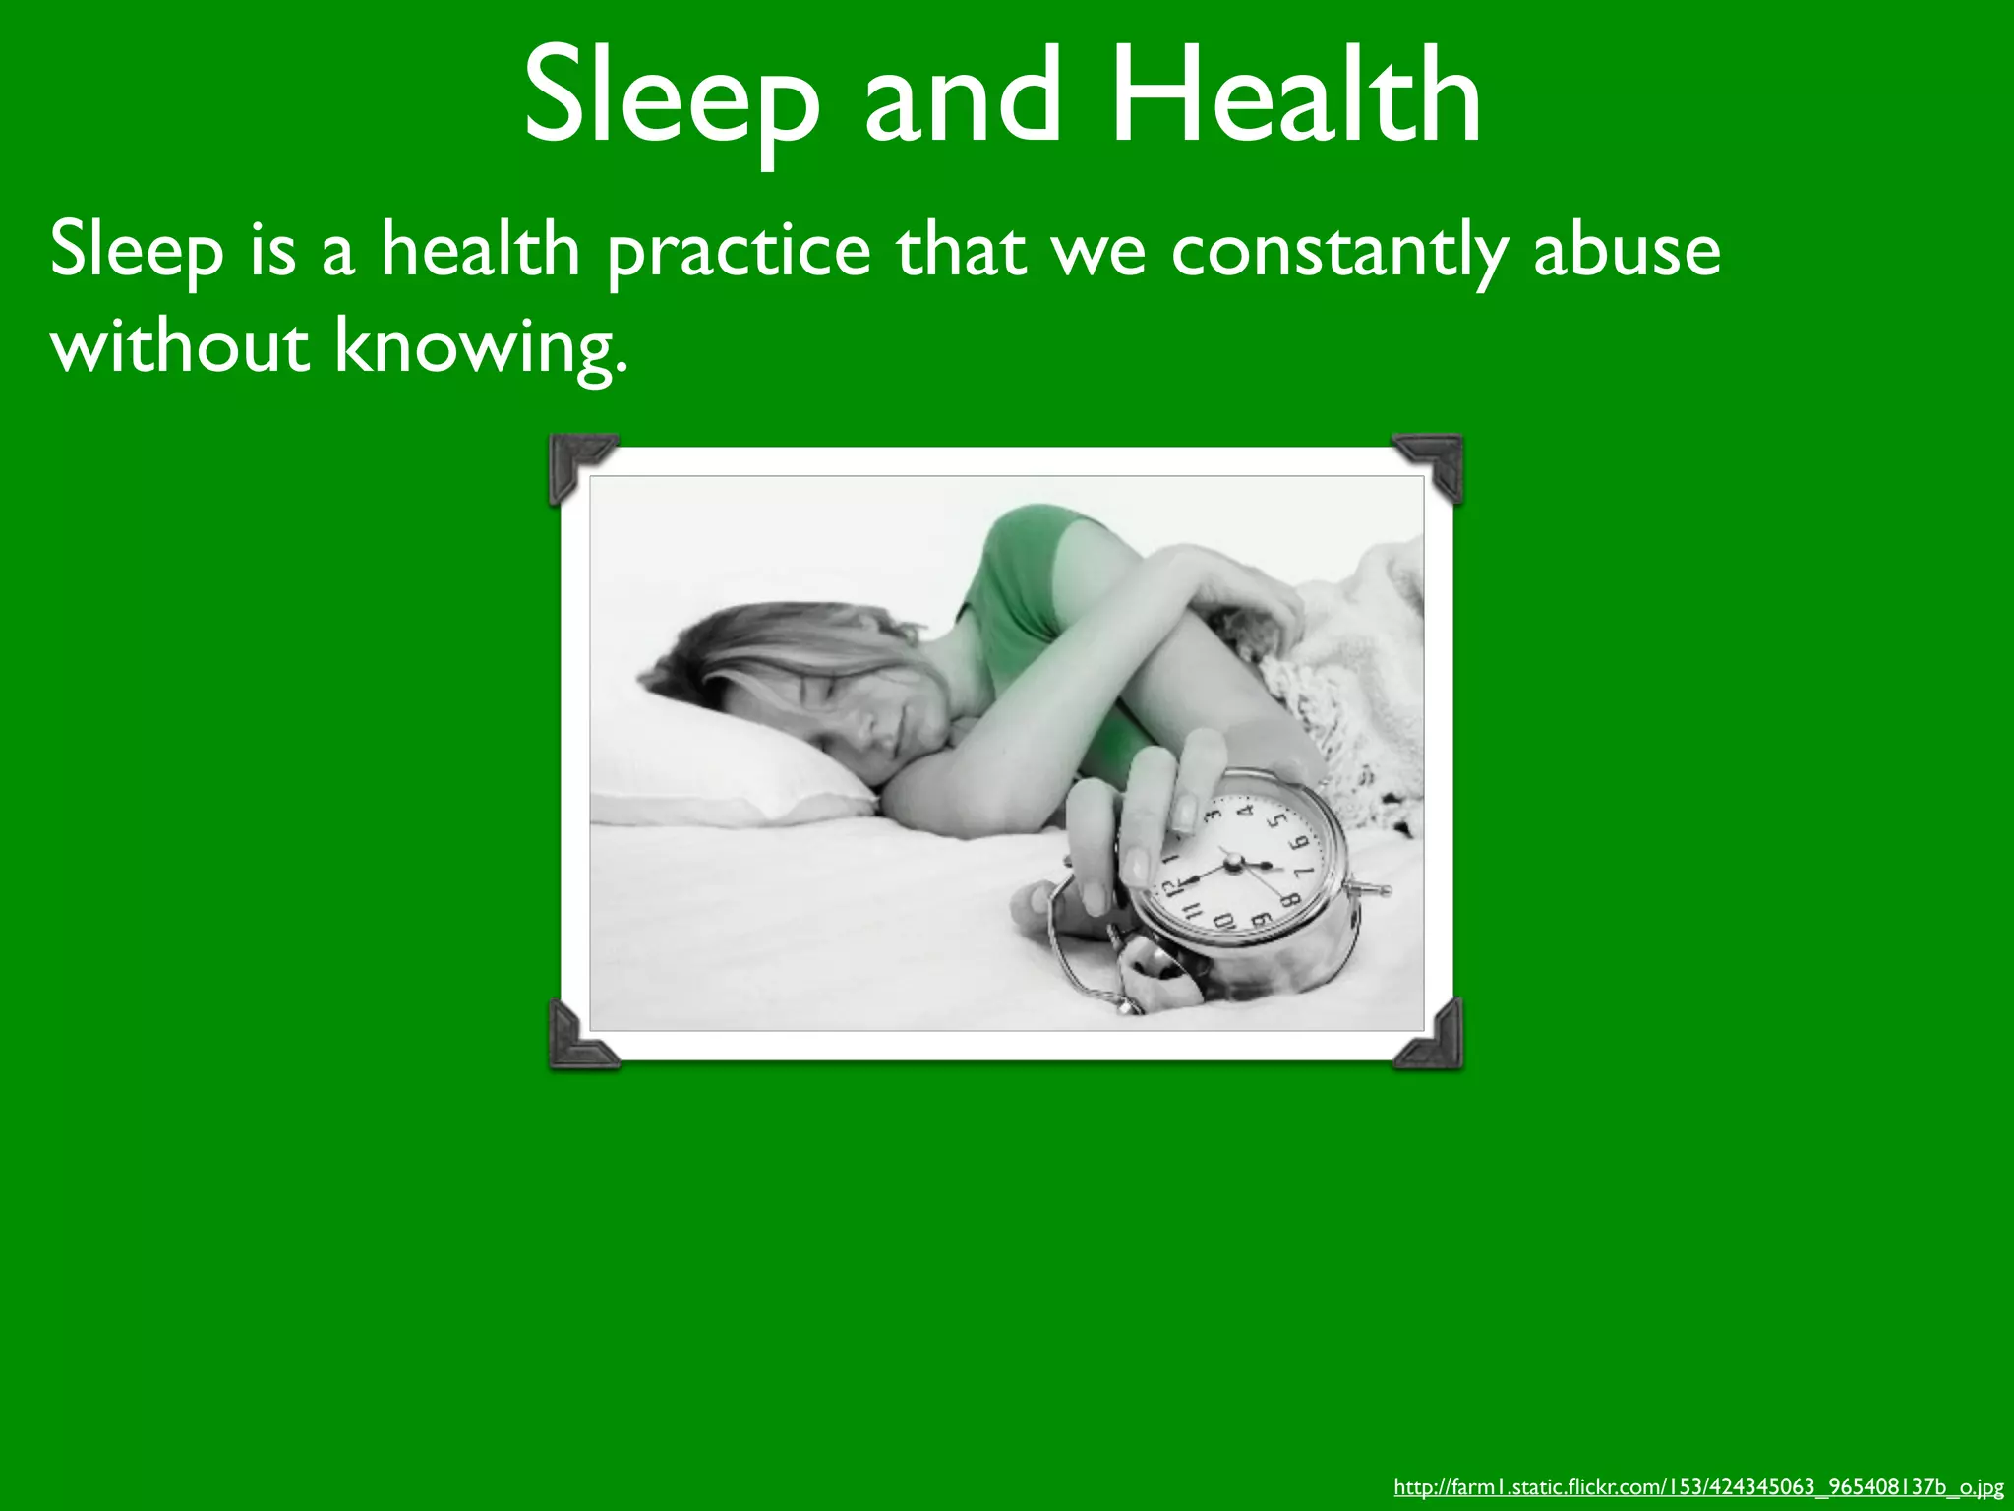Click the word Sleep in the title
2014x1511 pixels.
pyautogui.click(x=672, y=98)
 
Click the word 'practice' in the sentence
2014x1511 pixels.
pyautogui.click(x=738, y=252)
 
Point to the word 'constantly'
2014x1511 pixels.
pyautogui.click(x=1337, y=252)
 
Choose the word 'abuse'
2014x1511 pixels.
pyautogui.click(x=1628, y=250)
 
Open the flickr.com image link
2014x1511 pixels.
pyautogui.click(x=1698, y=1486)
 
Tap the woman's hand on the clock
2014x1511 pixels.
pyautogui.click(x=1151, y=816)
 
